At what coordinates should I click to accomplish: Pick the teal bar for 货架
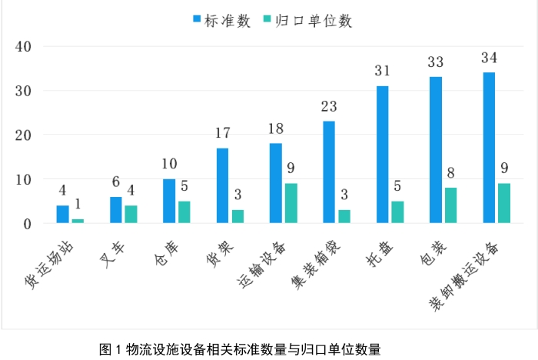point(237,217)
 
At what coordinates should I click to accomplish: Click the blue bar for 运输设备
point(276,184)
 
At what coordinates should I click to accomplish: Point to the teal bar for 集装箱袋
point(344,217)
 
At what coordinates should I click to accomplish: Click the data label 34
point(489,58)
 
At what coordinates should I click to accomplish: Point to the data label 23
point(329,107)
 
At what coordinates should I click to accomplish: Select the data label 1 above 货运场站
point(78,205)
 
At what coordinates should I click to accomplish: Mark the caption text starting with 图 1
point(240,349)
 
